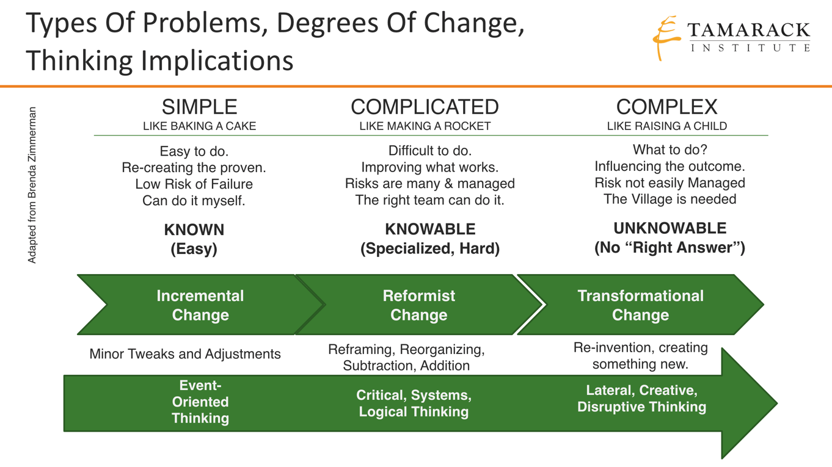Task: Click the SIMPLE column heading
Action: pyautogui.click(x=199, y=107)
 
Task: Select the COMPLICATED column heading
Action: pyautogui.click(x=425, y=107)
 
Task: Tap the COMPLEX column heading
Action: pyautogui.click(x=666, y=107)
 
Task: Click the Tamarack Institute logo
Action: pyautogui.click(x=732, y=38)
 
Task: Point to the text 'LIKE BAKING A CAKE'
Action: pyautogui.click(x=199, y=126)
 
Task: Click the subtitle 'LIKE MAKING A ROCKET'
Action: pyautogui.click(x=425, y=126)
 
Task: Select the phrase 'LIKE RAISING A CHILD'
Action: pyautogui.click(x=666, y=126)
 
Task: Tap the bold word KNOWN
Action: pyautogui.click(x=194, y=230)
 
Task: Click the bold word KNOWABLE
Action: pyautogui.click(x=430, y=230)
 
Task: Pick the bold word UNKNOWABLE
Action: pyautogui.click(x=670, y=228)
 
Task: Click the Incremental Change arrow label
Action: pyautogui.click(x=200, y=305)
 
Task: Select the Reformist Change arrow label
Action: pyautogui.click(x=419, y=305)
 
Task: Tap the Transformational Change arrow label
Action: pyautogui.click(x=640, y=305)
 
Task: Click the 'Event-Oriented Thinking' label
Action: pyautogui.click(x=200, y=402)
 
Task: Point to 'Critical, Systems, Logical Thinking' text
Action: pyautogui.click(x=414, y=404)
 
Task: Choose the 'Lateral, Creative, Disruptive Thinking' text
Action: pyautogui.click(x=641, y=399)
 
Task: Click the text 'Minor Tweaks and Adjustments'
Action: pyautogui.click(x=185, y=354)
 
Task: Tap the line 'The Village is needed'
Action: pyautogui.click(x=670, y=199)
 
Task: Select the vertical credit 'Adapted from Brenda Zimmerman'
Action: pyautogui.click(x=32, y=186)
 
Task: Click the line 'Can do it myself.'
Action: pyautogui.click(x=194, y=200)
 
